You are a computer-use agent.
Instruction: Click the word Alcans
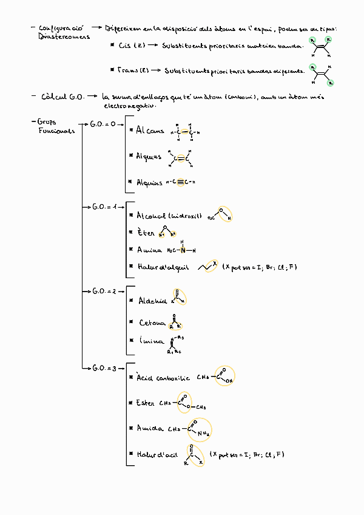click(150, 131)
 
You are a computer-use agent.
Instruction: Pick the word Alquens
click(149, 157)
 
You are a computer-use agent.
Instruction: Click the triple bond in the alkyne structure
click(181, 182)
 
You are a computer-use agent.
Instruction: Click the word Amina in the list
click(149, 250)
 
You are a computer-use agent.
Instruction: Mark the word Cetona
click(152, 323)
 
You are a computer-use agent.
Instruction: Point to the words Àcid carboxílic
click(163, 378)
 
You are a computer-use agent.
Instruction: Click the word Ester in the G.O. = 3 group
click(146, 403)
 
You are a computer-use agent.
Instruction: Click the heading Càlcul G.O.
click(62, 97)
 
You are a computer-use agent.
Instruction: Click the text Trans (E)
click(132, 70)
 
